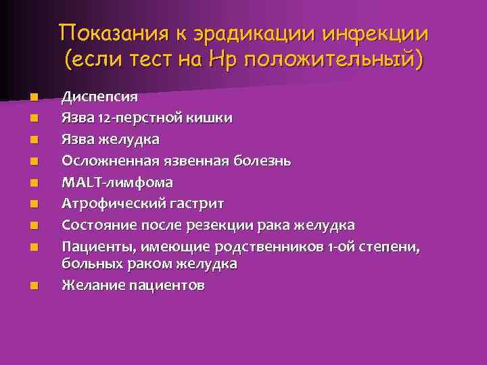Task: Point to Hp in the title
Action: (x=223, y=60)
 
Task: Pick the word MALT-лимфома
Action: (x=116, y=182)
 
